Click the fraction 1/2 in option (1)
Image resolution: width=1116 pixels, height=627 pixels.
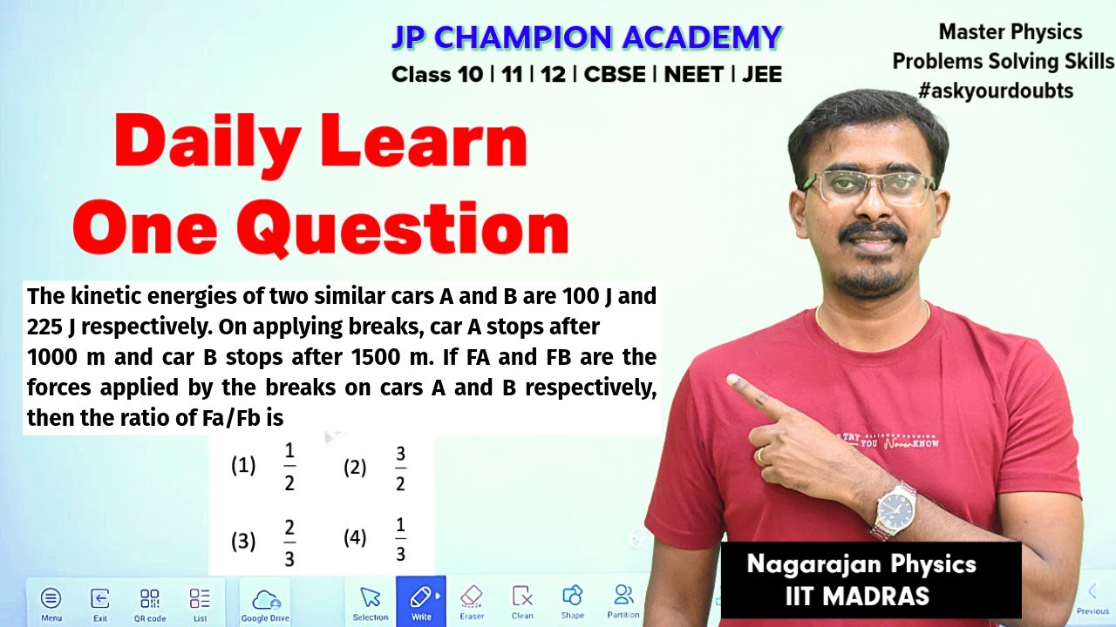(x=289, y=467)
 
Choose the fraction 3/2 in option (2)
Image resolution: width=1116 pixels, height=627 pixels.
(x=400, y=469)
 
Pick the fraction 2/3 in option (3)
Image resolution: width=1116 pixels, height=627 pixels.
(x=289, y=543)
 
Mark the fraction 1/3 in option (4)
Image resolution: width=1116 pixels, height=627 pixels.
(x=400, y=540)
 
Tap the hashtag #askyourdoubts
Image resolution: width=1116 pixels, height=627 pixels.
(x=996, y=91)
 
